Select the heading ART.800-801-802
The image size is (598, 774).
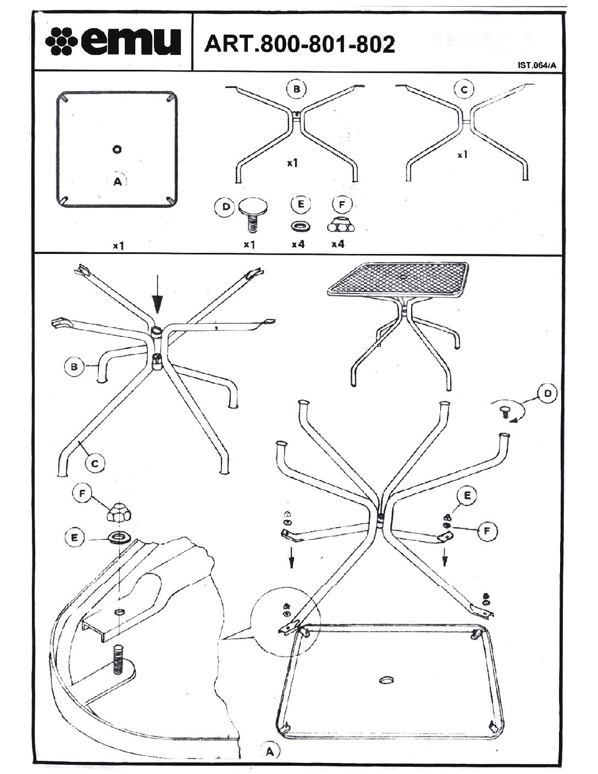tap(299, 44)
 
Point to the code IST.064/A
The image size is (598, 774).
tap(537, 65)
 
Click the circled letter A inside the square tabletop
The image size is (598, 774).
tap(118, 181)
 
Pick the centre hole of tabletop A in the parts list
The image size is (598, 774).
tap(117, 149)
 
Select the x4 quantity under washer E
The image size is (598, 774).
tap(298, 244)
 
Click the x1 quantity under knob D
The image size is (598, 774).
tap(249, 244)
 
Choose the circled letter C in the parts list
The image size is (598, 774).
tap(465, 89)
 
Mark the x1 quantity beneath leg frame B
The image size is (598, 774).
tap(292, 163)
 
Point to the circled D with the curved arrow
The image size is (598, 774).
tap(547, 394)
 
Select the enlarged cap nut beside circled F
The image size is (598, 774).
tap(120, 513)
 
